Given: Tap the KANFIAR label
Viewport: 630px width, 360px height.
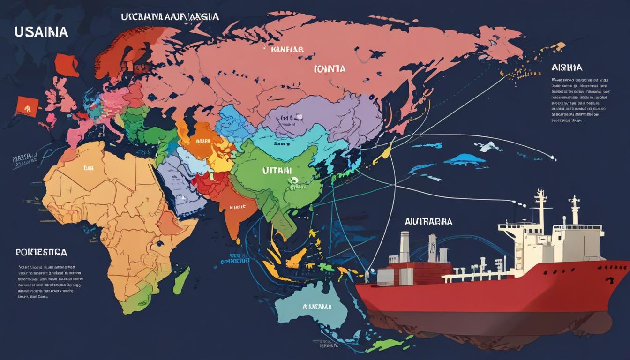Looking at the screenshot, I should tap(287, 49).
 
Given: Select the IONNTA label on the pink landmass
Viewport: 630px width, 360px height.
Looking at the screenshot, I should tap(329, 69).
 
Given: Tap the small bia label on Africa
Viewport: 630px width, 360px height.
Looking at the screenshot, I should tap(89, 167).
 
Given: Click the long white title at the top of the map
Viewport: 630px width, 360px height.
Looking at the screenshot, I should tap(170, 17).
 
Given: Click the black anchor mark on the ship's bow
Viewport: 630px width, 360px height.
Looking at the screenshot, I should tap(609, 280).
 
